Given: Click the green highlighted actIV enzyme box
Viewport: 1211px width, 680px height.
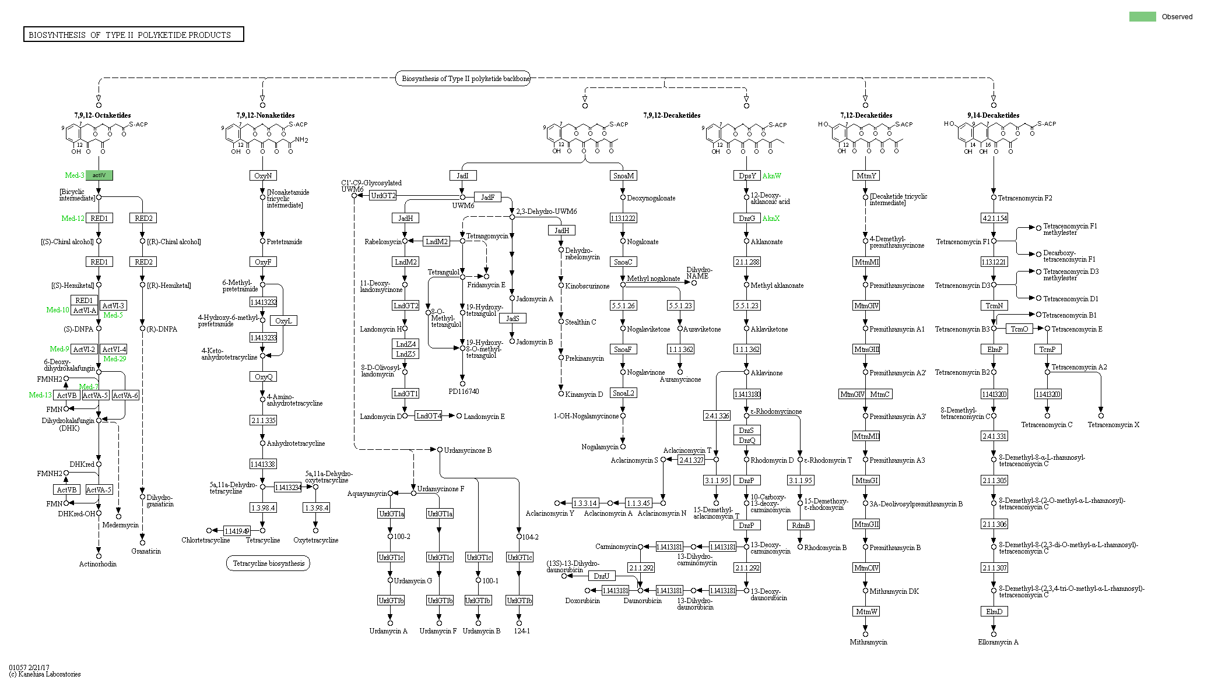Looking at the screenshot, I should click(x=99, y=175).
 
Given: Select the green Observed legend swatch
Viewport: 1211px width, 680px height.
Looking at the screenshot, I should click(x=1142, y=17).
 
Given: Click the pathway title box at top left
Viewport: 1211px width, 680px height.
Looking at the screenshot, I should click(x=134, y=35).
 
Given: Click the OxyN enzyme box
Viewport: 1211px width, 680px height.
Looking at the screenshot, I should click(x=263, y=175).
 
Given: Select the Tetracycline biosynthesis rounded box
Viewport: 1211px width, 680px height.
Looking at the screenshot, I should click(x=268, y=563).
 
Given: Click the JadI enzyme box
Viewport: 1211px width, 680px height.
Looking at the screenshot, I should click(x=462, y=175).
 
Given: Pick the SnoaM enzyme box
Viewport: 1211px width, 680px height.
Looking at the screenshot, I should click(x=623, y=175).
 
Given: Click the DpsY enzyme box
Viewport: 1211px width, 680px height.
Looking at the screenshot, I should click(x=746, y=175).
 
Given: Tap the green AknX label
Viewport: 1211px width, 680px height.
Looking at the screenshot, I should click(x=771, y=219).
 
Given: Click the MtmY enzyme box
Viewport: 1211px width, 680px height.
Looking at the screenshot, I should click(x=866, y=175).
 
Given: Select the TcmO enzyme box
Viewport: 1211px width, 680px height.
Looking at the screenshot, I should click(x=1019, y=329).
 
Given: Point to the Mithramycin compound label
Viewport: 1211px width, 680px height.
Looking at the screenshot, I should click(x=868, y=642).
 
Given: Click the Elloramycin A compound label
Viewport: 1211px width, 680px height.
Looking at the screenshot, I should click(x=998, y=642).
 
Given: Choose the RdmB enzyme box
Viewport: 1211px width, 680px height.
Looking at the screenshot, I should click(x=801, y=525).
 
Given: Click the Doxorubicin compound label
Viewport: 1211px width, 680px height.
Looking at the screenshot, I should click(x=582, y=601).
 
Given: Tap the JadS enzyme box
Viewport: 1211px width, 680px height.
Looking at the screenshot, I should click(x=513, y=319).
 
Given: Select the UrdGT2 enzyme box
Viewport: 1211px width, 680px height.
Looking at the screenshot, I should click(x=383, y=196).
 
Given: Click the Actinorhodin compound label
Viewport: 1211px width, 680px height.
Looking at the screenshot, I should click(x=98, y=564).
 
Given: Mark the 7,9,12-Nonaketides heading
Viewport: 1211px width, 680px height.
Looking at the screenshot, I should click(x=265, y=115).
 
